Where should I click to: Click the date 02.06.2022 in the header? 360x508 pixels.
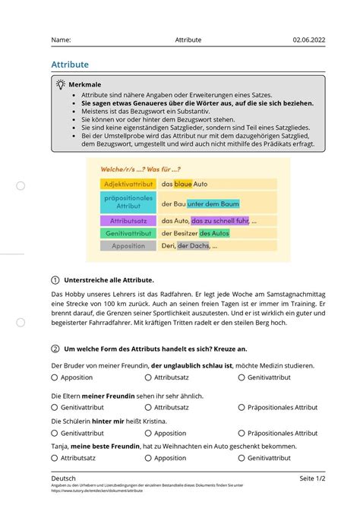tap(308, 39)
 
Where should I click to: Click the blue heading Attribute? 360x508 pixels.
tap(70, 65)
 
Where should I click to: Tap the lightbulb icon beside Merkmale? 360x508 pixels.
tap(59, 84)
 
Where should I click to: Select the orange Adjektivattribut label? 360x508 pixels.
tap(128, 184)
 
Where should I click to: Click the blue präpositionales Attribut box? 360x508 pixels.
tap(128, 201)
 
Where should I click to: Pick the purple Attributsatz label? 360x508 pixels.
tap(128, 220)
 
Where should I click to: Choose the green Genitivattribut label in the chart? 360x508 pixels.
tap(128, 233)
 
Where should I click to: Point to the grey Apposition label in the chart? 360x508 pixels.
tap(128, 246)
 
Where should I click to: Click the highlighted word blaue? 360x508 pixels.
tap(183, 184)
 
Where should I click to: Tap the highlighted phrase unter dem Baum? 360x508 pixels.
tap(213, 203)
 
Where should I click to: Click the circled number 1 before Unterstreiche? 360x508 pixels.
tap(55, 279)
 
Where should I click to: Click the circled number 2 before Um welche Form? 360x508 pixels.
tap(55, 349)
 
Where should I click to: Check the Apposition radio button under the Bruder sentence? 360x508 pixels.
tap(55, 377)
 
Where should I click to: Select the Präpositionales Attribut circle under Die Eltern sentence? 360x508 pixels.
tap(242, 408)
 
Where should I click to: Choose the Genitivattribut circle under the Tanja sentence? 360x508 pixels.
tap(242, 459)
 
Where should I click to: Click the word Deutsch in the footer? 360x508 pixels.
tap(64, 478)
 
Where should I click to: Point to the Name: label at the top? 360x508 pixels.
tap(62, 39)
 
